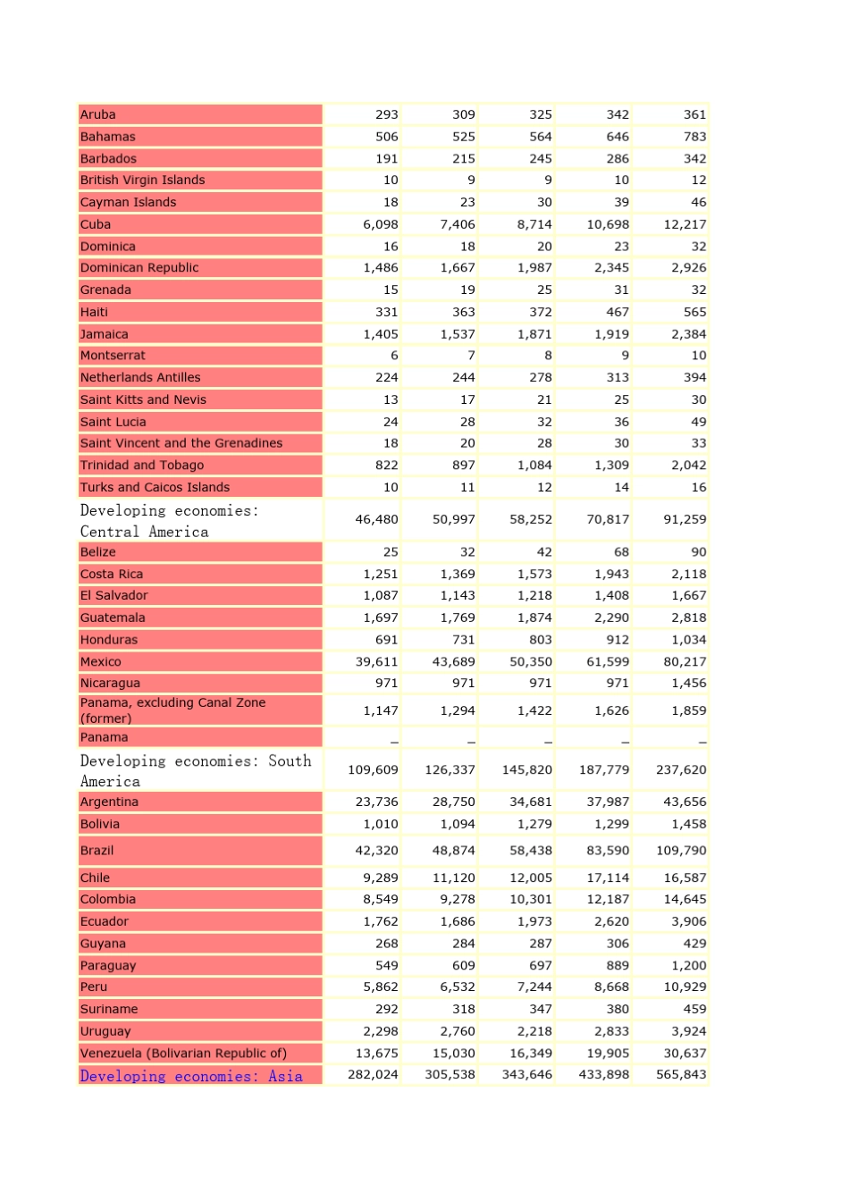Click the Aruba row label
98,114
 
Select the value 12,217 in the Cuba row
685,224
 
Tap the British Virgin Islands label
143,180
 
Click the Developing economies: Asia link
191,1076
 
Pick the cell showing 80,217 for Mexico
685,661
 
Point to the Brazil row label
97,851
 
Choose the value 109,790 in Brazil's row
681,851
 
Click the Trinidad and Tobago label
142,465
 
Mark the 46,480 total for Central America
376,519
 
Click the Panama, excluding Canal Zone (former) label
172,710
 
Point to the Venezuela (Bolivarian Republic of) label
183,1053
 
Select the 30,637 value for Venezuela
685,1053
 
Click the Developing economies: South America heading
195,770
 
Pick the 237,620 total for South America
681,769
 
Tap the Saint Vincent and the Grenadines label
181,443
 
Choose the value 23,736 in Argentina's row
376,802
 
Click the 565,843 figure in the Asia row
681,1074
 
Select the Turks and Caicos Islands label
156,487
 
